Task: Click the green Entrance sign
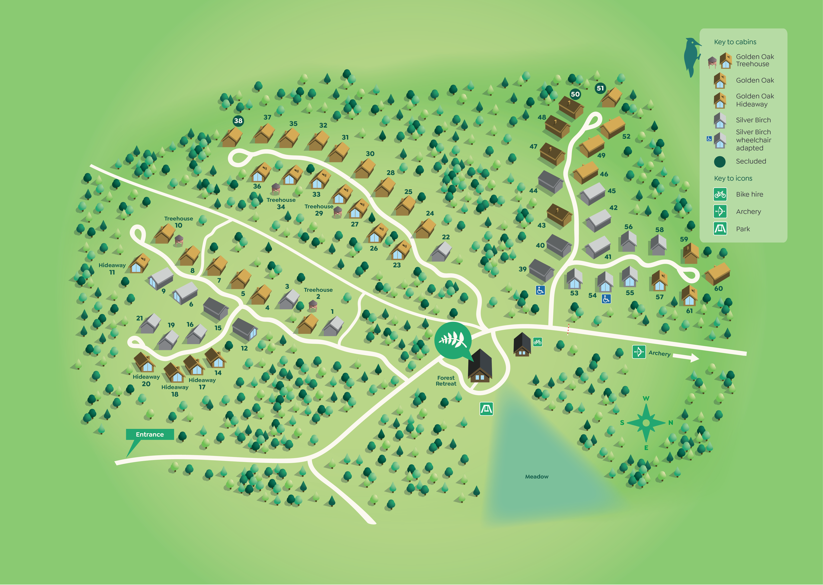point(150,434)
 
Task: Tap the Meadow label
point(537,477)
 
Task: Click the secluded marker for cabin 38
point(238,121)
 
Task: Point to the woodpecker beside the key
point(692,56)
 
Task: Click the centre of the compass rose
point(646,423)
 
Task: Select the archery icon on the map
point(639,352)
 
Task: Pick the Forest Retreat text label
point(446,381)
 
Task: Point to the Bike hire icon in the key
point(720,194)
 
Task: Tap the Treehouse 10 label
point(178,222)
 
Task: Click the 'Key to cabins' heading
point(735,42)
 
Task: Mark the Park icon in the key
point(720,229)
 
